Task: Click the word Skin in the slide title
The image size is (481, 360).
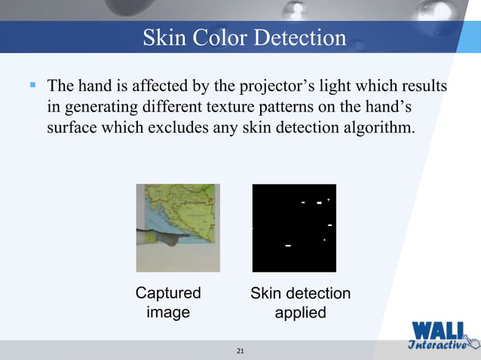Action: pos(163,38)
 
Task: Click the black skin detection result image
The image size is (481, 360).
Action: pos(293,227)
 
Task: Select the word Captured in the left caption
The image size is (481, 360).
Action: pos(167,293)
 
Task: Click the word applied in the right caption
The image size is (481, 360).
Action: pos(299,312)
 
